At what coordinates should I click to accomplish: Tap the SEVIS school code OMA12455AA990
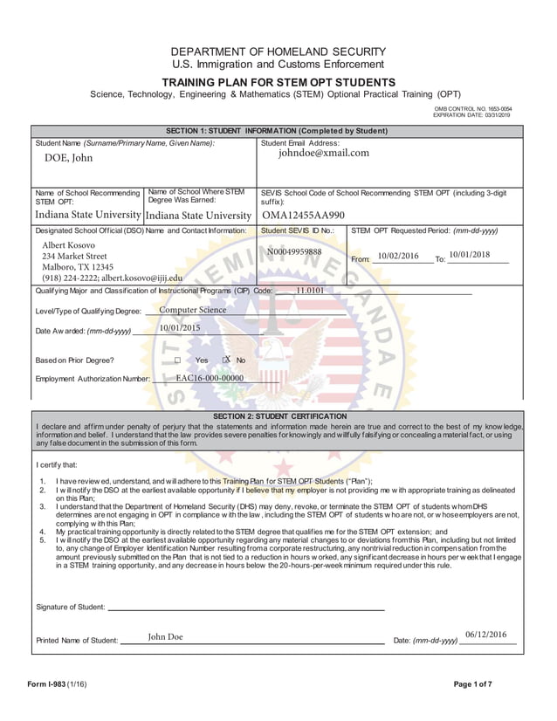(303, 215)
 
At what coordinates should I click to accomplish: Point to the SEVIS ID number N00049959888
(294, 252)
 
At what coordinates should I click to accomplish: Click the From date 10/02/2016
(397, 256)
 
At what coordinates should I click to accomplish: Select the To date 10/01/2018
(470, 254)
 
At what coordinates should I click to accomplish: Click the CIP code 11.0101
(310, 291)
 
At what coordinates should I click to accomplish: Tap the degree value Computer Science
(192, 310)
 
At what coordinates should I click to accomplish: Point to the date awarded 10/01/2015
(180, 328)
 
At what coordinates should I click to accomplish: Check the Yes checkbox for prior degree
(177, 360)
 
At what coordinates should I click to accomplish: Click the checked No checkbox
(225, 360)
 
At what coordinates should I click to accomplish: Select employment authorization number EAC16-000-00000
(210, 379)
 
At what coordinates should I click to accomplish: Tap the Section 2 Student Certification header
(278, 415)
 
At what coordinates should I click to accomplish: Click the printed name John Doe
(165, 636)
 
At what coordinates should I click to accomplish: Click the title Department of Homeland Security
(277, 51)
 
